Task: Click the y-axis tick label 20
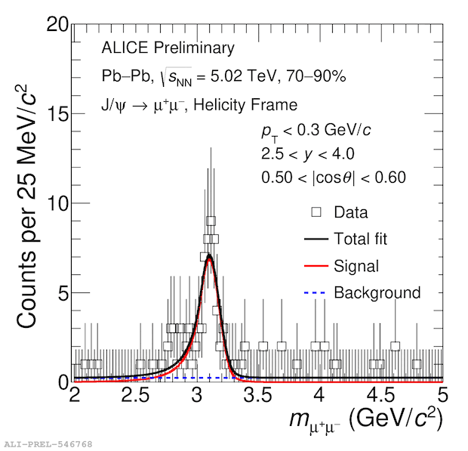(x=57, y=25)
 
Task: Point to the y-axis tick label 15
(x=57, y=114)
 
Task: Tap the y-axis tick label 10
(x=57, y=203)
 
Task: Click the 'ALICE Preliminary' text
(x=168, y=48)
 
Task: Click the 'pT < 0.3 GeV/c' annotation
(x=316, y=131)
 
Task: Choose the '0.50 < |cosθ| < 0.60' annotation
(x=334, y=178)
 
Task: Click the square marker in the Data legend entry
(x=316, y=212)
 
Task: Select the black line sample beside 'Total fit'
(x=316, y=239)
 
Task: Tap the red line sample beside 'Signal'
(x=316, y=266)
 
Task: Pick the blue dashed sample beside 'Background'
(x=316, y=293)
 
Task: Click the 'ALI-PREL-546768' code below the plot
(x=48, y=443)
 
